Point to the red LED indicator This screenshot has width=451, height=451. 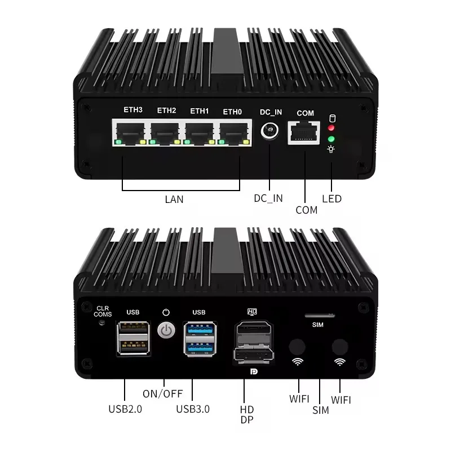[332, 127]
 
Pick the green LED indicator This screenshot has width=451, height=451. [332, 138]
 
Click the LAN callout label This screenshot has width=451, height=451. [174, 199]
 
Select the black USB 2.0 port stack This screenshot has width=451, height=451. [133, 338]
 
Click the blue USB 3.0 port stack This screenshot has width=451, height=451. [199, 338]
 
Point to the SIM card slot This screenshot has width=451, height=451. [318, 316]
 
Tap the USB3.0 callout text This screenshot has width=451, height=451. [193, 409]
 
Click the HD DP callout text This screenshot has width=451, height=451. [247, 414]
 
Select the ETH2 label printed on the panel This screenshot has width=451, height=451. [166, 110]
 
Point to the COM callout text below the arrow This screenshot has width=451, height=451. [306, 210]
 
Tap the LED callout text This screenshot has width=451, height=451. [331, 198]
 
